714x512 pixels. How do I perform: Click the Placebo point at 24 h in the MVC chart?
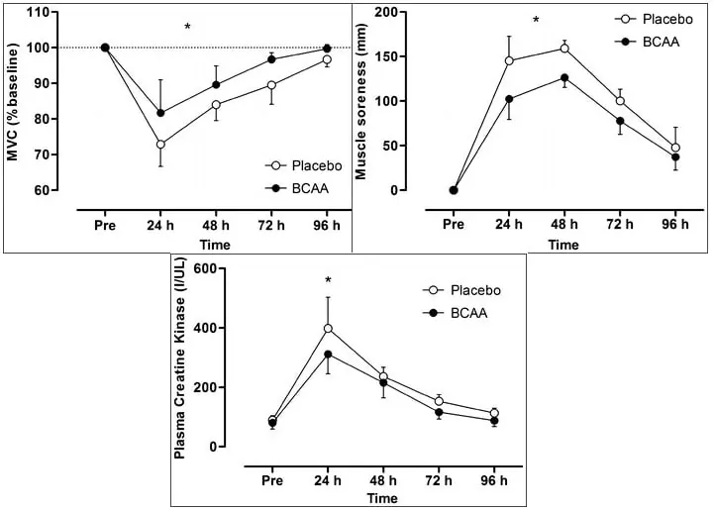(160, 145)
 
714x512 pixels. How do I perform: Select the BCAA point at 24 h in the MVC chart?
(160, 113)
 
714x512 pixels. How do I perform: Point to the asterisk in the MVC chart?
(187, 27)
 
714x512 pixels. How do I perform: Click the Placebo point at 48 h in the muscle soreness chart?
(563, 49)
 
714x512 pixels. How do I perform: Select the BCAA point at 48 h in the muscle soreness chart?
(563, 77)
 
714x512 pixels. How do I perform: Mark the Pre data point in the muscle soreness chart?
(454, 190)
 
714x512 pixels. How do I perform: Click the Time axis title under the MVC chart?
(216, 245)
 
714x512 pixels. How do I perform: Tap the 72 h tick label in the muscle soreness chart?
(619, 225)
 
